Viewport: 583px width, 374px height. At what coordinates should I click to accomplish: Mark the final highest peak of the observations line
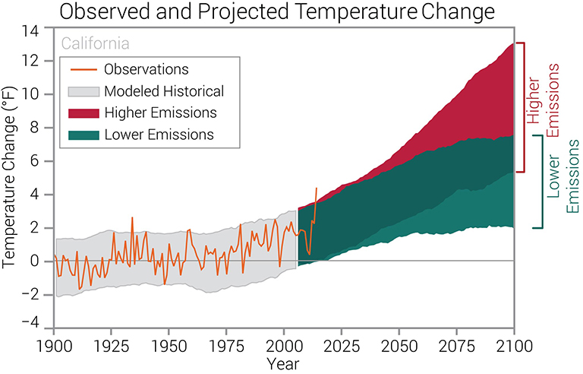(317, 188)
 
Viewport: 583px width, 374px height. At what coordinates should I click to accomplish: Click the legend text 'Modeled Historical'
(164, 91)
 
